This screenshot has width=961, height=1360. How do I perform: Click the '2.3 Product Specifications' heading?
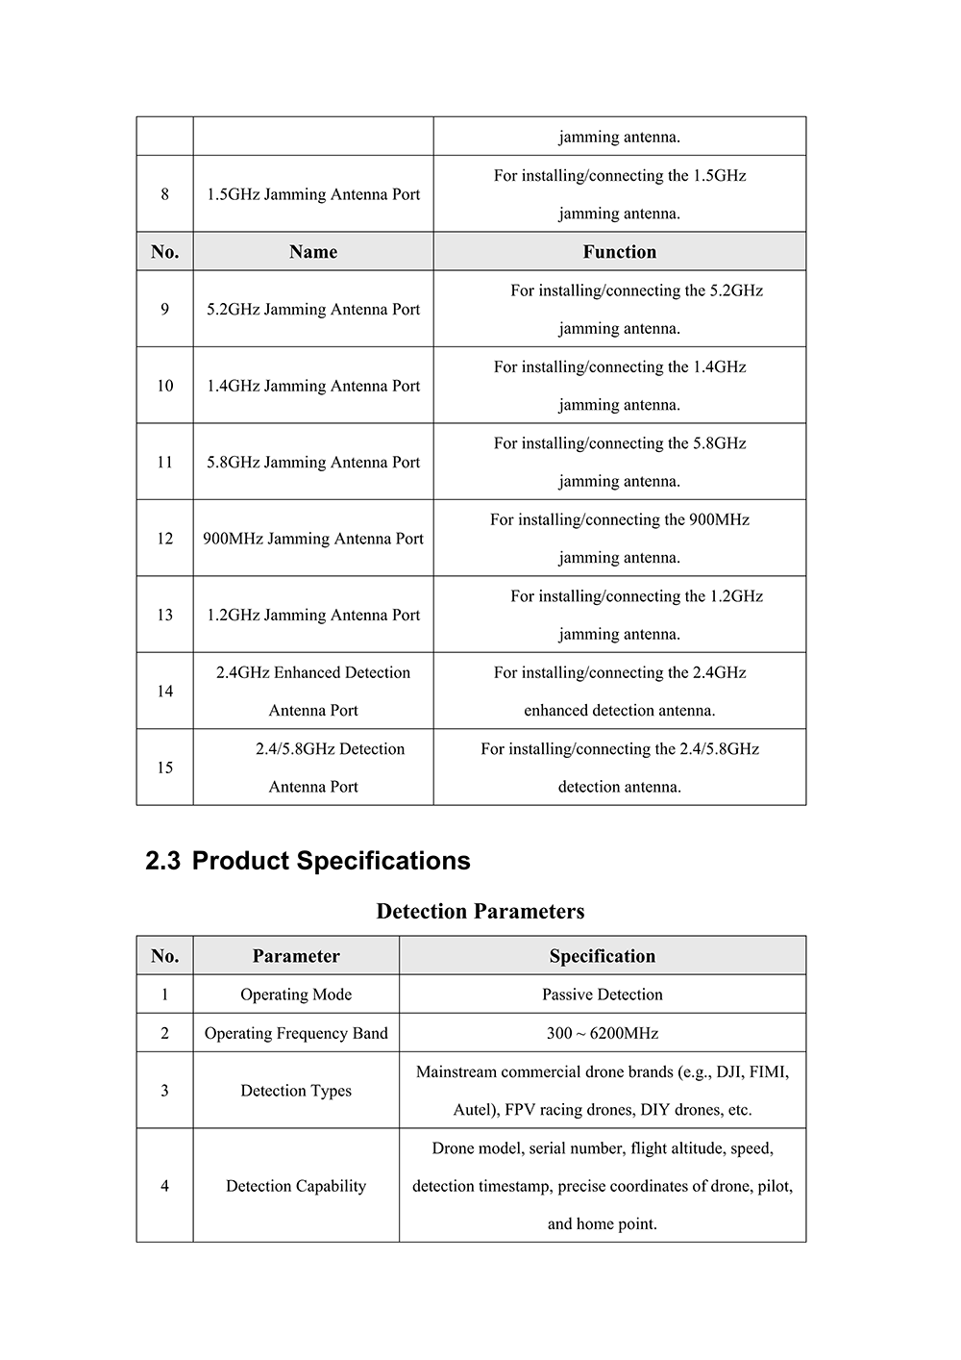click(x=308, y=861)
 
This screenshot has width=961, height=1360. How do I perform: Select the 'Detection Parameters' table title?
click(x=480, y=911)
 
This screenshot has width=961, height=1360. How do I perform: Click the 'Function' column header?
click(x=619, y=252)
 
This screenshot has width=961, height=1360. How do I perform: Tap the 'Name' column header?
click(x=313, y=252)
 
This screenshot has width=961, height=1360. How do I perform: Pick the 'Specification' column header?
click(x=603, y=956)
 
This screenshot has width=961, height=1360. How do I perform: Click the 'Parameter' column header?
click(x=296, y=956)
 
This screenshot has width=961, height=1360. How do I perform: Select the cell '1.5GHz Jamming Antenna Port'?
click(x=313, y=194)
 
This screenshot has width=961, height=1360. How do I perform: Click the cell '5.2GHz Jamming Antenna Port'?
click(x=313, y=309)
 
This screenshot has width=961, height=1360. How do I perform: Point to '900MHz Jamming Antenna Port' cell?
click(x=313, y=539)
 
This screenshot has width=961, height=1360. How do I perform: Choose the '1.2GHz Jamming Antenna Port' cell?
click(x=313, y=615)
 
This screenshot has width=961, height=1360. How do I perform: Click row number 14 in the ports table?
click(x=165, y=691)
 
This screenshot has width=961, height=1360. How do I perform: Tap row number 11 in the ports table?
click(x=165, y=462)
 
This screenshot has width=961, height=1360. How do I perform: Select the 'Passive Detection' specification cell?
click(x=603, y=995)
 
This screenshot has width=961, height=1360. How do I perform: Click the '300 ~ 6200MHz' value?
click(x=603, y=1033)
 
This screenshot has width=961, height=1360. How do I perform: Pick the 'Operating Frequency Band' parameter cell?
click(x=296, y=1033)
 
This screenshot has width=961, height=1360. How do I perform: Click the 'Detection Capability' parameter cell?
click(x=296, y=1186)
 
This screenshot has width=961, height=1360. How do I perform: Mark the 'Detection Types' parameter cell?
click(x=296, y=1091)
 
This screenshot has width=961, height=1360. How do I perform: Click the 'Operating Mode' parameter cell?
click(x=296, y=995)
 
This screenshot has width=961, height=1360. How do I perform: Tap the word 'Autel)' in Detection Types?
click(x=476, y=1110)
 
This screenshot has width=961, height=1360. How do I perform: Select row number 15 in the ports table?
click(x=165, y=768)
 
